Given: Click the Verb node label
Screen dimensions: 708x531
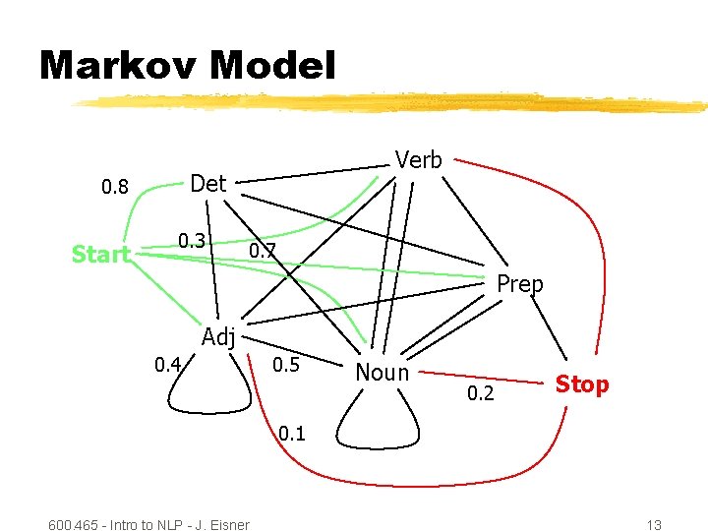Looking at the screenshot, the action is [x=418, y=160].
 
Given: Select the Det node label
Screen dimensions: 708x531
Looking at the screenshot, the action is [x=207, y=183].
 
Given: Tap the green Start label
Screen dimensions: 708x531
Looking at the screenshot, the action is [x=101, y=255].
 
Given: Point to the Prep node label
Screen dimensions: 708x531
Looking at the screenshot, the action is [x=520, y=284].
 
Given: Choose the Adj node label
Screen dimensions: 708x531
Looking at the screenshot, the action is [x=218, y=337].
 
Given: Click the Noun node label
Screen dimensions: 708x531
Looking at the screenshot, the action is [x=382, y=372].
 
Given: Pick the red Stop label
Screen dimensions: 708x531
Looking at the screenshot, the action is [x=582, y=383].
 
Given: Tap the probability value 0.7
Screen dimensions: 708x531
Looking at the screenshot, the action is [x=263, y=252].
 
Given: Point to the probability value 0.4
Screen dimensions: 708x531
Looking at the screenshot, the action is [x=168, y=366].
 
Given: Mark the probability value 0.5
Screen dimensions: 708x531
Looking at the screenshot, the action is [x=285, y=366].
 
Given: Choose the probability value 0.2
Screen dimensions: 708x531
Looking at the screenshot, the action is [x=481, y=395].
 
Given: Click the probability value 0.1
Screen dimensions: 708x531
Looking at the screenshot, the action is [x=292, y=433].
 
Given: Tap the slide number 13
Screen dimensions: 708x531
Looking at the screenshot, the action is [x=654, y=524].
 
